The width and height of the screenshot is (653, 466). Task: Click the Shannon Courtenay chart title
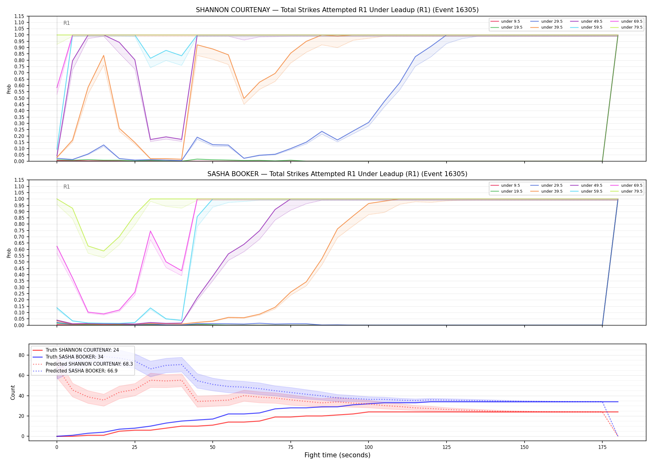pyautogui.click(x=337, y=10)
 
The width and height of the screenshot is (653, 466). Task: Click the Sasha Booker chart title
pyautogui.click(x=337, y=174)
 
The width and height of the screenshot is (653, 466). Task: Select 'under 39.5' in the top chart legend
pyautogui.click(x=552, y=27)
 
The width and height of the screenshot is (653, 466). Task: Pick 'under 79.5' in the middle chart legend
pyautogui.click(x=632, y=191)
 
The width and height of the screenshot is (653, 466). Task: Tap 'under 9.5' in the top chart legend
pyautogui.click(x=510, y=21)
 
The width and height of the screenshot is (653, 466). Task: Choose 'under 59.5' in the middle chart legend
pyautogui.click(x=591, y=191)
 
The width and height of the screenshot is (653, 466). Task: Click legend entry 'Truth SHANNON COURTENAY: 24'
pyautogui.click(x=82, y=350)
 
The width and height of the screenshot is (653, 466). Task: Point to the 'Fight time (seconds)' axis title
pyautogui.click(x=337, y=455)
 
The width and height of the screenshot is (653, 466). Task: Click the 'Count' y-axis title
pyautogui.click(x=13, y=392)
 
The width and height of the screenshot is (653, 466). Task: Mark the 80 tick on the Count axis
pyautogui.click(x=22, y=355)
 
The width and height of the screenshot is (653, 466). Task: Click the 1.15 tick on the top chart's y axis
pyautogui.click(x=20, y=16)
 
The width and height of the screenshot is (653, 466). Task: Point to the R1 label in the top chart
pyautogui.click(x=67, y=23)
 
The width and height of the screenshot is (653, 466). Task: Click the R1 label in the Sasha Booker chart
pyautogui.click(x=67, y=187)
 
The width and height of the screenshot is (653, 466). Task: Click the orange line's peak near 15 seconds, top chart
pyautogui.click(x=104, y=56)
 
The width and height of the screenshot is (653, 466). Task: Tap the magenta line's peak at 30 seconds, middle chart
pyautogui.click(x=151, y=231)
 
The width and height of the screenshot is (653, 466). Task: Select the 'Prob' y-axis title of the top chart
pyautogui.click(x=9, y=89)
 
